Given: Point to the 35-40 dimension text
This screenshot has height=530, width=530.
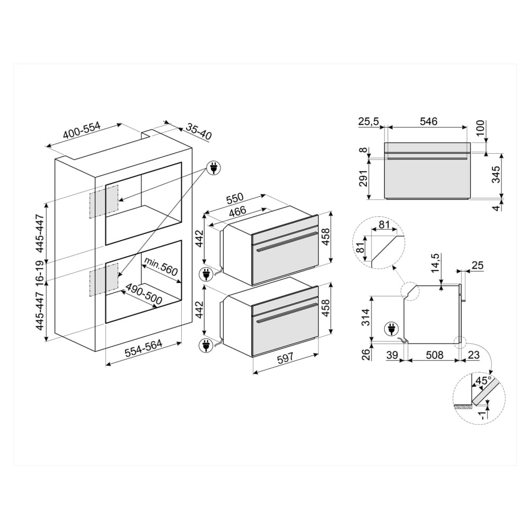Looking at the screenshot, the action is [199, 132].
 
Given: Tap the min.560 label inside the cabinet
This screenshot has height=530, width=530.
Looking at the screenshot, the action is [161, 266].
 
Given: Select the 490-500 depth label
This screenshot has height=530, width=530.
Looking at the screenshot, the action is [144, 294].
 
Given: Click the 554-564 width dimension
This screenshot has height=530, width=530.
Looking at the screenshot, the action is [144, 348].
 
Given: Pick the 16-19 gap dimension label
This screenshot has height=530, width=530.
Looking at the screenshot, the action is [40, 271].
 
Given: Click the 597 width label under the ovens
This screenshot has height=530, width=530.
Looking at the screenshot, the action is [285, 359].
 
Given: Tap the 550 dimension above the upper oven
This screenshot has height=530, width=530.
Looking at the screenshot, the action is [235, 198].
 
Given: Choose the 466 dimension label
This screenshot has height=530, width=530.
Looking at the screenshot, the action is [237, 212].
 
